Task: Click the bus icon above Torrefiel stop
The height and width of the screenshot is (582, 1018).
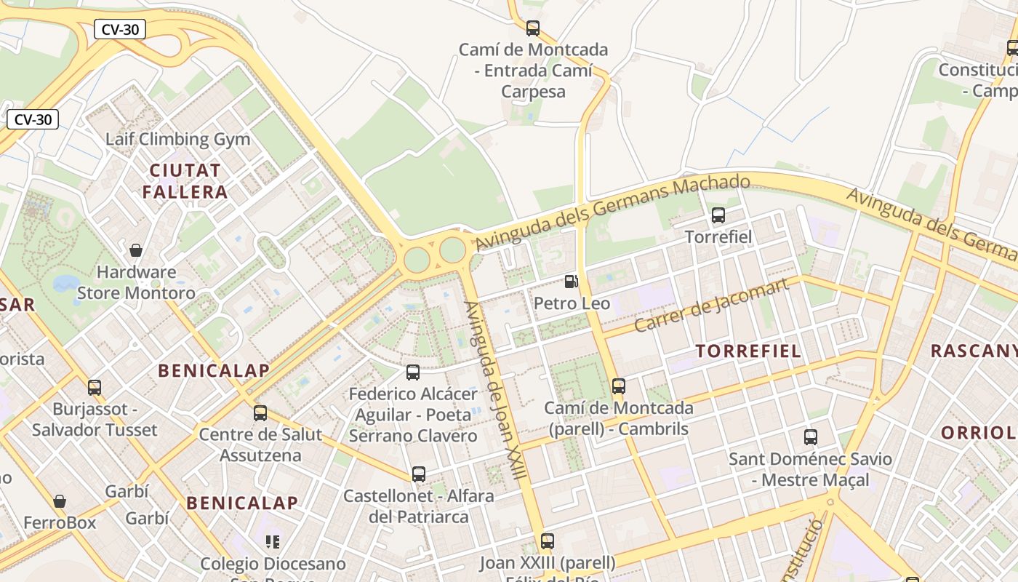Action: point(718,215)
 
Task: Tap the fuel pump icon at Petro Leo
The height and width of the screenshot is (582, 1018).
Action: point(572,282)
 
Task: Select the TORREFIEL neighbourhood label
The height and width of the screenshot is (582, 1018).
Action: point(748,351)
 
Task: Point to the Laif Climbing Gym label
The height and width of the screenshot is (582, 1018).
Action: point(177,139)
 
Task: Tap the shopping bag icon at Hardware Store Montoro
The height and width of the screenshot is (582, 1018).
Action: point(136,251)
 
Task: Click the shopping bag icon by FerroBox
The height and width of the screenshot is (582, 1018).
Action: point(60,501)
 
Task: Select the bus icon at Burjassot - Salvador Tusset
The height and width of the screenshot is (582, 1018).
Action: point(95,388)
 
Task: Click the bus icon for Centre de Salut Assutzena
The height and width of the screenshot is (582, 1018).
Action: point(260,413)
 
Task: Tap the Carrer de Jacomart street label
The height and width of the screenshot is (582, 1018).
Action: point(711,306)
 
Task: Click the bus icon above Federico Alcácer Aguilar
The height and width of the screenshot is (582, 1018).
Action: point(413,372)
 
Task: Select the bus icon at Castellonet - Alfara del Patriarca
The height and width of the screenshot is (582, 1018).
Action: point(419,474)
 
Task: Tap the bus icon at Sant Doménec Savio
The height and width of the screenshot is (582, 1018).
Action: point(811,437)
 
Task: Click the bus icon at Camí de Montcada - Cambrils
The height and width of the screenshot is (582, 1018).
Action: point(618,386)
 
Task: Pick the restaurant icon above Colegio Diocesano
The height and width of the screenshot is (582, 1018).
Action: point(273,541)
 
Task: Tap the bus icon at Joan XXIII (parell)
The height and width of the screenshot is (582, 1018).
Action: point(548,541)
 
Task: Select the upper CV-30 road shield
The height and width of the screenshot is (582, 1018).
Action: point(120,29)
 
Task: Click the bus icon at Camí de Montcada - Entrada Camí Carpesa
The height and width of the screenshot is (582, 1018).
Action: point(533,28)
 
